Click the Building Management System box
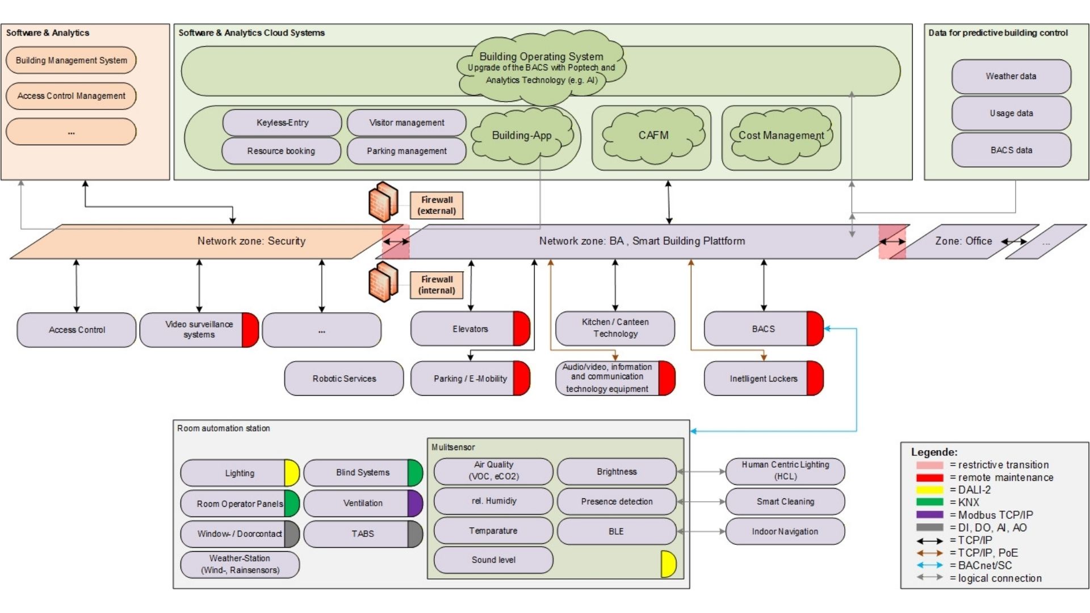click(71, 60)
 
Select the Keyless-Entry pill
click(282, 123)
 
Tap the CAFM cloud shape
click(653, 136)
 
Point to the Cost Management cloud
click(781, 136)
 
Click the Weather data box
click(1011, 76)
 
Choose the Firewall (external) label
click(437, 205)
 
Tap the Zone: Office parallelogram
click(963, 241)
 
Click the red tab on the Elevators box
click(521, 329)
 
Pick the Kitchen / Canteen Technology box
click(615, 328)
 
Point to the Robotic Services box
click(344, 379)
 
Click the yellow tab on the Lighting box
click(291, 473)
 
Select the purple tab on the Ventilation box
click(415, 503)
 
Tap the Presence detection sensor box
click(617, 502)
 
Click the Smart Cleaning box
click(785, 502)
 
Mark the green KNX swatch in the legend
click(929, 502)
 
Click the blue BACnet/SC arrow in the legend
click(929, 565)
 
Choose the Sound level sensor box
click(493, 560)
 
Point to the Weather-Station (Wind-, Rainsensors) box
click(240, 564)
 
